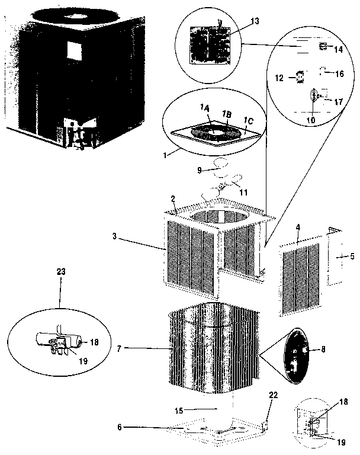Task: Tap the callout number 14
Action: click(x=338, y=50)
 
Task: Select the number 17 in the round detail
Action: click(x=338, y=102)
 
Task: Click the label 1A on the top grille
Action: click(x=204, y=107)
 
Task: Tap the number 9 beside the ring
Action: click(x=199, y=170)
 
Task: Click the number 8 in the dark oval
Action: click(x=323, y=350)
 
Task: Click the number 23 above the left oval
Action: click(x=61, y=272)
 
